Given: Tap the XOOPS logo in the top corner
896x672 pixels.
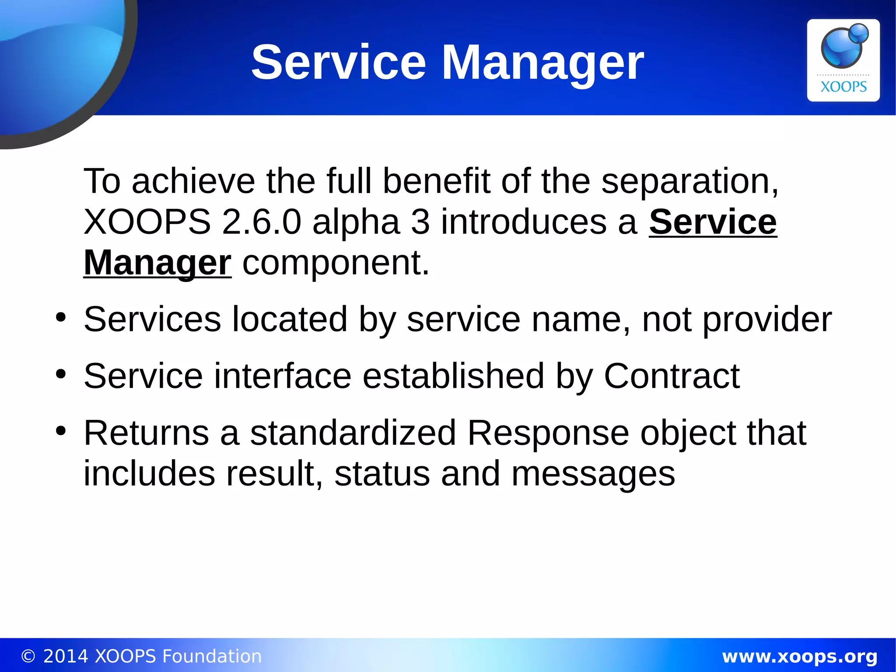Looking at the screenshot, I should click(843, 60).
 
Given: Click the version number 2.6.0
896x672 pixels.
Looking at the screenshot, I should click(261, 222).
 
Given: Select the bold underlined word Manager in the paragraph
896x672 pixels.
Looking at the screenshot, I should click(157, 263).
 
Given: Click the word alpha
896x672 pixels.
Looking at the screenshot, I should click(356, 222).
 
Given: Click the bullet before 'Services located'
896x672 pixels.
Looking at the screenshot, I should click(61, 317).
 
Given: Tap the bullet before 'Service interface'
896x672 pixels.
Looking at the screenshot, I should click(61, 374).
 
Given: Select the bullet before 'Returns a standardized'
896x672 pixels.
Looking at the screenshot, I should click(61, 431).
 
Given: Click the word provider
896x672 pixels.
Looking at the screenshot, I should click(766, 320).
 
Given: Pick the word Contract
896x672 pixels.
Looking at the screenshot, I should click(672, 376).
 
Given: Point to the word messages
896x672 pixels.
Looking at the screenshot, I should click(593, 474).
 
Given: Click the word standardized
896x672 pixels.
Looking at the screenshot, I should click(353, 433).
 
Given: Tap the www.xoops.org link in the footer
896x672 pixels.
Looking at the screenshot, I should click(799, 656).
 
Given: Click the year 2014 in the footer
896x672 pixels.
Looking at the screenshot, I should click(66, 656).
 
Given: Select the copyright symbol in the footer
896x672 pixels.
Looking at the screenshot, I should click(28, 656).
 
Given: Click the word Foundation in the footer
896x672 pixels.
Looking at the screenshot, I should click(212, 656).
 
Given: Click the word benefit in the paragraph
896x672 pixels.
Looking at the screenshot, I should click(436, 181).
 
